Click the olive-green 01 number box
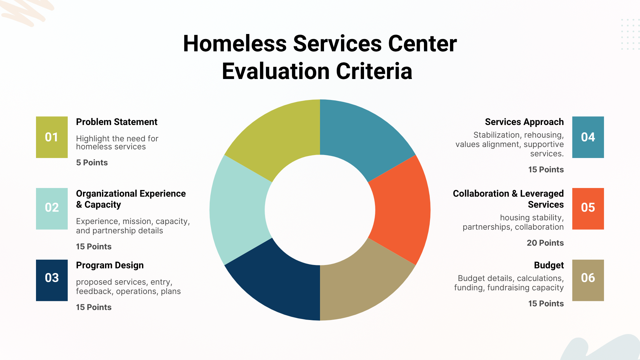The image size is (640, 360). tap(52, 137)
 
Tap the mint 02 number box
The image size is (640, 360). tap(52, 209)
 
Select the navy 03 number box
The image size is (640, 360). tap(52, 280)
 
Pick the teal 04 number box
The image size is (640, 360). tap(588, 137)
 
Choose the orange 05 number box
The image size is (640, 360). tap(588, 209)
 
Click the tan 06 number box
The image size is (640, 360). tap(588, 280)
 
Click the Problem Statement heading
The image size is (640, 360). tap(117, 122)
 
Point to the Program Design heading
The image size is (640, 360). tap(110, 266)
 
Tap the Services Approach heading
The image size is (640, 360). tap(524, 122)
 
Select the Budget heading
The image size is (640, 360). tap(549, 266)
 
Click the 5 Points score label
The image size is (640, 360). tap(92, 163)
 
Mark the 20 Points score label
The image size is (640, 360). tap(545, 243)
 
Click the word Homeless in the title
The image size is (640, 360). tap(235, 44)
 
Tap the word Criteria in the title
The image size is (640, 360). tap(374, 71)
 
